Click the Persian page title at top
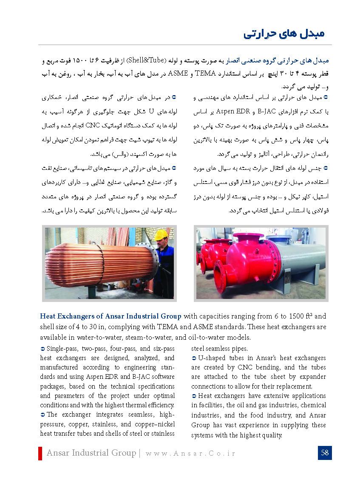[x=284, y=34]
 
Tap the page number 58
[x=325, y=453]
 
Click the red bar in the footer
[x=40, y=453]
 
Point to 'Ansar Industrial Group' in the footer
[x=91, y=453]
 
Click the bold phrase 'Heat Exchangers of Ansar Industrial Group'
[x=111, y=316]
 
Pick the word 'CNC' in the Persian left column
[x=92, y=126]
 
